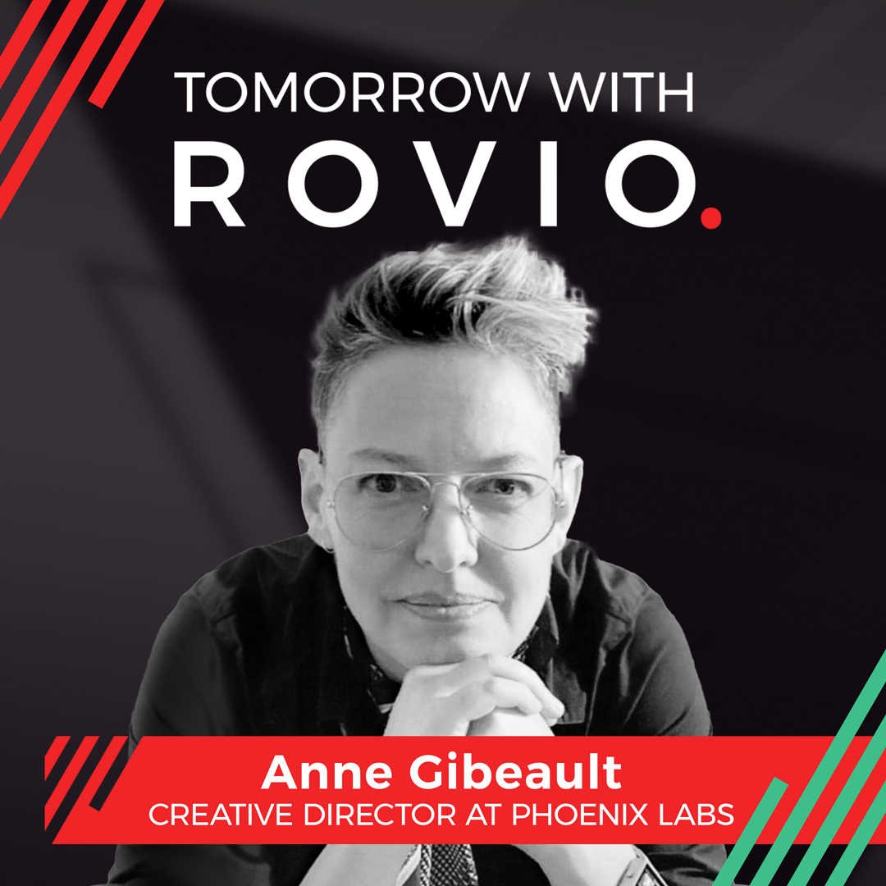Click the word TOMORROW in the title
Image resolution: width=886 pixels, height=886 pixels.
click(x=351, y=92)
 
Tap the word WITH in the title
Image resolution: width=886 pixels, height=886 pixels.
click(x=622, y=92)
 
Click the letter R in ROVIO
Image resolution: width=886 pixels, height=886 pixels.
click(x=209, y=184)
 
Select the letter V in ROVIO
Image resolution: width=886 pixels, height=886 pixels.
click(x=453, y=184)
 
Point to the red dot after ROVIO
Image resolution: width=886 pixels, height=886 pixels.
click(x=710, y=217)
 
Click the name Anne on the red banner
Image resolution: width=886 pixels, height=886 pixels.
click(x=327, y=772)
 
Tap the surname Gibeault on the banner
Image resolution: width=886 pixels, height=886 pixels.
click(x=515, y=772)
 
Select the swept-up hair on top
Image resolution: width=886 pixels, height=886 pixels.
click(x=452, y=305)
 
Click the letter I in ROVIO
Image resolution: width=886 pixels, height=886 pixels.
click(x=548, y=184)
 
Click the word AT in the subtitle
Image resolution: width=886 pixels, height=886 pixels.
click(x=484, y=815)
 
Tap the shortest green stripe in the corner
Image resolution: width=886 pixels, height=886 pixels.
click(x=751, y=830)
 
